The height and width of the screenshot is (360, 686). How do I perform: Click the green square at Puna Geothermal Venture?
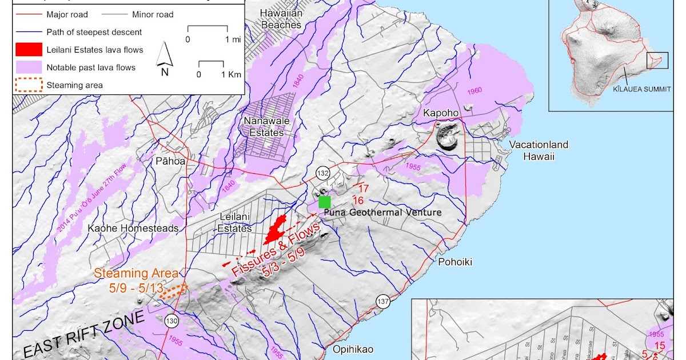point(325,201)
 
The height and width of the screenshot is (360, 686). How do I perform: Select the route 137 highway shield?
point(382,301)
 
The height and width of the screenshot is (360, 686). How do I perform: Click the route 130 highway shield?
point(171,321)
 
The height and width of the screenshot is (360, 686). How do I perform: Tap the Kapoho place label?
point(440,113)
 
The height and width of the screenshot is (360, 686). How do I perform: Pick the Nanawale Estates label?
point(264,126)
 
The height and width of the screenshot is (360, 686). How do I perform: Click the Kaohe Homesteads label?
point(133,228)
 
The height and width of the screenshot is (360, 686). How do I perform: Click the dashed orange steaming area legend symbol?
point(29,85)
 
